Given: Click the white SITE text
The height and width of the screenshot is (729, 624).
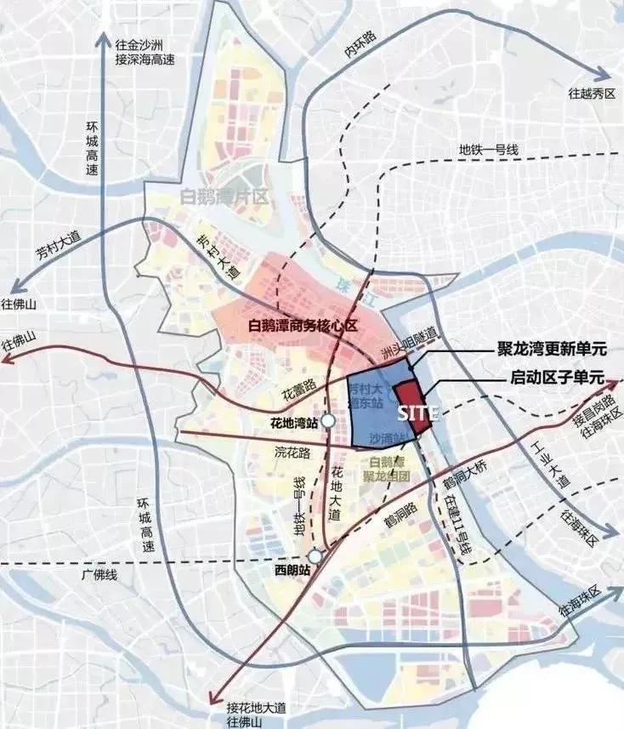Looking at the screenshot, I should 418,414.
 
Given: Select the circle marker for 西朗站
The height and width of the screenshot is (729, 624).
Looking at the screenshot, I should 315,556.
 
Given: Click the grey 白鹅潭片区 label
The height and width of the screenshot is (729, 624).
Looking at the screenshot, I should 224,197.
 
